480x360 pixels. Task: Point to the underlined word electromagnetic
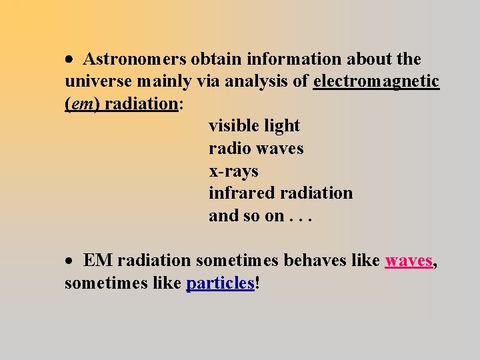pyautogui.click(x=376, y=81)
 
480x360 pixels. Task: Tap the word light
pyautogui.click(x=281, y=126)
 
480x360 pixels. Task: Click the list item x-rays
pyautogui.click(x=233, y=171)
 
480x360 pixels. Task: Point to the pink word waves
pyautogui.click(x=409, y=261)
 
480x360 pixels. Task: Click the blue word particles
pyautogui.click(x=221, y=283)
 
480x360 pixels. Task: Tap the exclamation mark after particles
pyautogui.click(x=257, y=283)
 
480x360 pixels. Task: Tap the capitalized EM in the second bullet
pyautogui.click(x=98, y=261)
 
